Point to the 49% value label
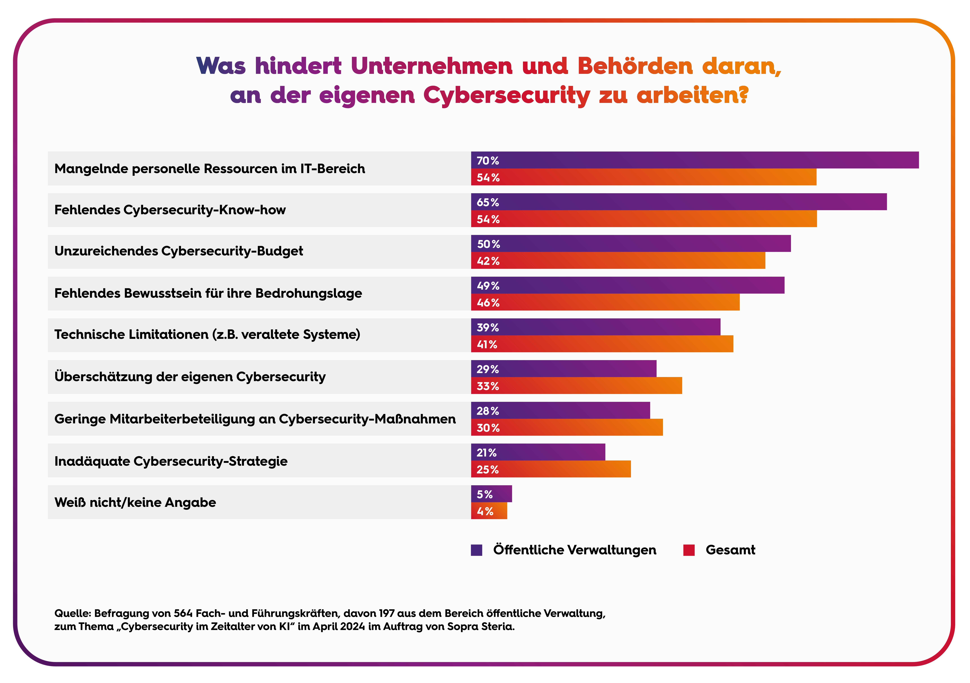(x=488, y=286)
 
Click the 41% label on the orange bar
(x=487, y=344)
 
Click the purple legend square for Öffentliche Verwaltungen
(x=477, y=550)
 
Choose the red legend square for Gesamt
(x=689, y=550)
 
